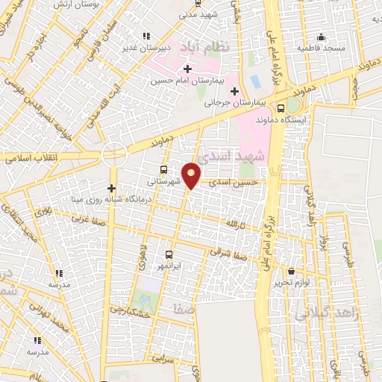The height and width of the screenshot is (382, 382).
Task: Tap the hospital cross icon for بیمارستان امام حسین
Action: pos(176,69)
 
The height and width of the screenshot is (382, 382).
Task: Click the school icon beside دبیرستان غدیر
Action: pos(146,35)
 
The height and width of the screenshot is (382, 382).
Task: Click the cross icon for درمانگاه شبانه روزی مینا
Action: pos(111,188)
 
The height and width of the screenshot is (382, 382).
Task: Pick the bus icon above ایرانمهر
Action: pos(169,254)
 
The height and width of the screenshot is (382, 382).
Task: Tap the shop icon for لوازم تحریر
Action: pos(290,272)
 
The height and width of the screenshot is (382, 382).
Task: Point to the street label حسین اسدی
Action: pos(234,181)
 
